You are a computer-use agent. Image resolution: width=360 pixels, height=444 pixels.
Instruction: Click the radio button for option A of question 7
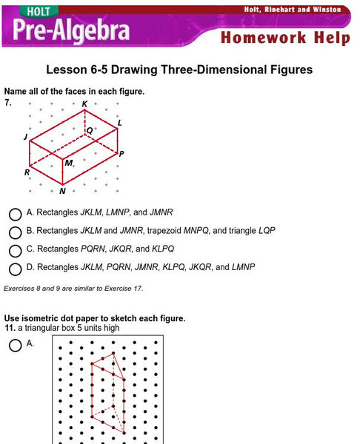pyautogui.click(x=15, y=215)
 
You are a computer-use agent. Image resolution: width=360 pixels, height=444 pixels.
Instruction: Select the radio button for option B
pyautogui.click(x=15, y=232)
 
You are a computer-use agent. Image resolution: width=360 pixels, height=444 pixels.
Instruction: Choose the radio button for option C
pyautogui.click(x=15, y=251)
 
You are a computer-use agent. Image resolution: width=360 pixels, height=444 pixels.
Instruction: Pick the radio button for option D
pyautogui.click(x=15, y=269)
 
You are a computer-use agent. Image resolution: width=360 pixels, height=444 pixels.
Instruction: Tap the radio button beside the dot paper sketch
pyautogui.click(x=15, y=345)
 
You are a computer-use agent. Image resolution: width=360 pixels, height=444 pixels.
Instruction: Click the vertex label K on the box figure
pyautogui.click(x=84, y=104)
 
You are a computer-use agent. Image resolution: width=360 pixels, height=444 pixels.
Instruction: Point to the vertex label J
pyautogui.click(x=25, y=137)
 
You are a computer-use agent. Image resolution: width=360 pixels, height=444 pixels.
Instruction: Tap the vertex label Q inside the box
pyautogui.click(x=90, y=130)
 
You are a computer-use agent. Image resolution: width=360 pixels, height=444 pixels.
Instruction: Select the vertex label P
pyautogui.click(x=121, y=154)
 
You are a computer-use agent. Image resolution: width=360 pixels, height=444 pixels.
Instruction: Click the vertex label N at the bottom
pyautogui.click(x=62, y=191)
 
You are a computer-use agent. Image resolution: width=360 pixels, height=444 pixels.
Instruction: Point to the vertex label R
pyautogui.click(x=27, y=172)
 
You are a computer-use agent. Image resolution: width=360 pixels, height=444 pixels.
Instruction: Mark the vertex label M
pyautogui.click(x=69, y=163)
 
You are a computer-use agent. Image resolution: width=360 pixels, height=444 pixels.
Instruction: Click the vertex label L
pyautogui.click(x=119, y=123)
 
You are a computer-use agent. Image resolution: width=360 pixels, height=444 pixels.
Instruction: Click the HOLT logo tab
pyautogui.click(x=39, y=11)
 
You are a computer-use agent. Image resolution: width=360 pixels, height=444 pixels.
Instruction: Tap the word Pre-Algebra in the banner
pyautogui.click(x=71, y=30)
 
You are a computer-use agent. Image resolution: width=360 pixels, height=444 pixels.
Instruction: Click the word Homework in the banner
pyautogui.click(x=264, y=38)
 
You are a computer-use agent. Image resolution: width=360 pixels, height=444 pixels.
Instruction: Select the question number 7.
pyautogui.click(x=8, y=103)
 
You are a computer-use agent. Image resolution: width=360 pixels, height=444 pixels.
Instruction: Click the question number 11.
pyautogui.click(x=9, y=328)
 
